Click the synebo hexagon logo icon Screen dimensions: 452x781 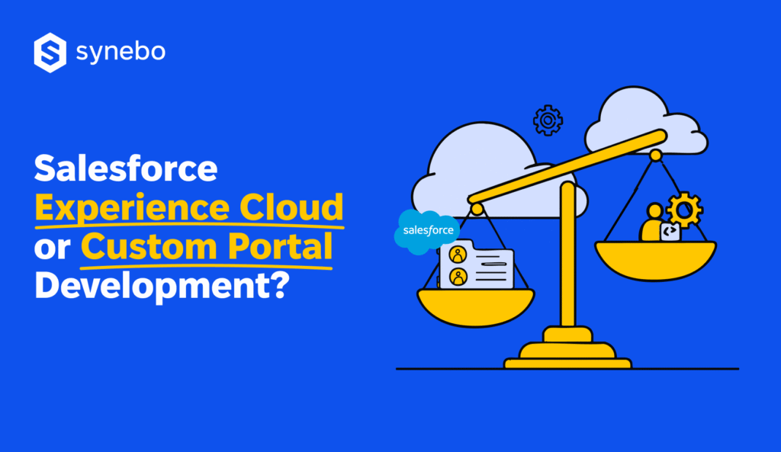point(50,53)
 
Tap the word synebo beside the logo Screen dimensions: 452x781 point(121,53)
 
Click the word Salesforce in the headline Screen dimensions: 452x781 point(126,168)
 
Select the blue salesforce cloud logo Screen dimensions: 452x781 point(427,231)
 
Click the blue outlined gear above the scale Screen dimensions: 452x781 point(548,120)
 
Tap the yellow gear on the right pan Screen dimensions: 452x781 point(684,210)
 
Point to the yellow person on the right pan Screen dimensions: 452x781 point(653,223)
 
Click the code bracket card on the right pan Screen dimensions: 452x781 point(671,232)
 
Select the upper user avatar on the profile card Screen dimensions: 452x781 point(458,254)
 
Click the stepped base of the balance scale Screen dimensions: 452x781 point(567,353)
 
